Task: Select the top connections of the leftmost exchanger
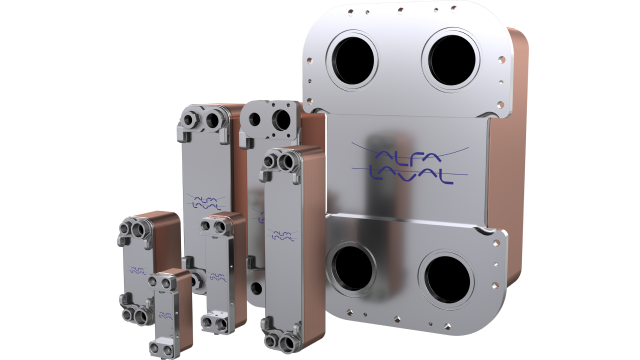(x=135, y=231)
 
